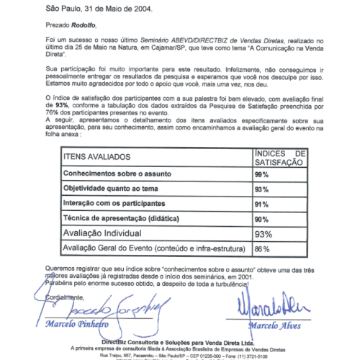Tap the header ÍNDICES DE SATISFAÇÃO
coord(281,159)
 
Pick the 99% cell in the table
coord(261,175)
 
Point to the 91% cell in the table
coord(261,204)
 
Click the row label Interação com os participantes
coord(114,204)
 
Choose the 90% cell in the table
coord(261,219)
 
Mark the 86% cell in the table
coord(261,249)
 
